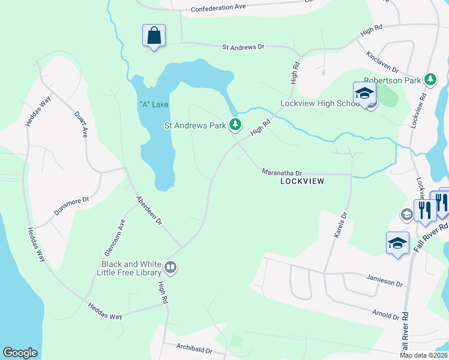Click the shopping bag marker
(154, 35)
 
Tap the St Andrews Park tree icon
(236, 125)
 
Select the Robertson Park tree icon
(430, 79)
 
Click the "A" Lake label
(154, 104)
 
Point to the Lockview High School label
(320, 103)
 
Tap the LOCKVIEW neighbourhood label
(302, 181)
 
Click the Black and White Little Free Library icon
(170, 267)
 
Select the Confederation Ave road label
(218, 8)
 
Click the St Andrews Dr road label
(243, 46)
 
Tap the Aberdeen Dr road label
(149, 211)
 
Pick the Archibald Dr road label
(195, 348)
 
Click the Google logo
(20, 353)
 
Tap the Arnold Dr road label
(385, 314)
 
